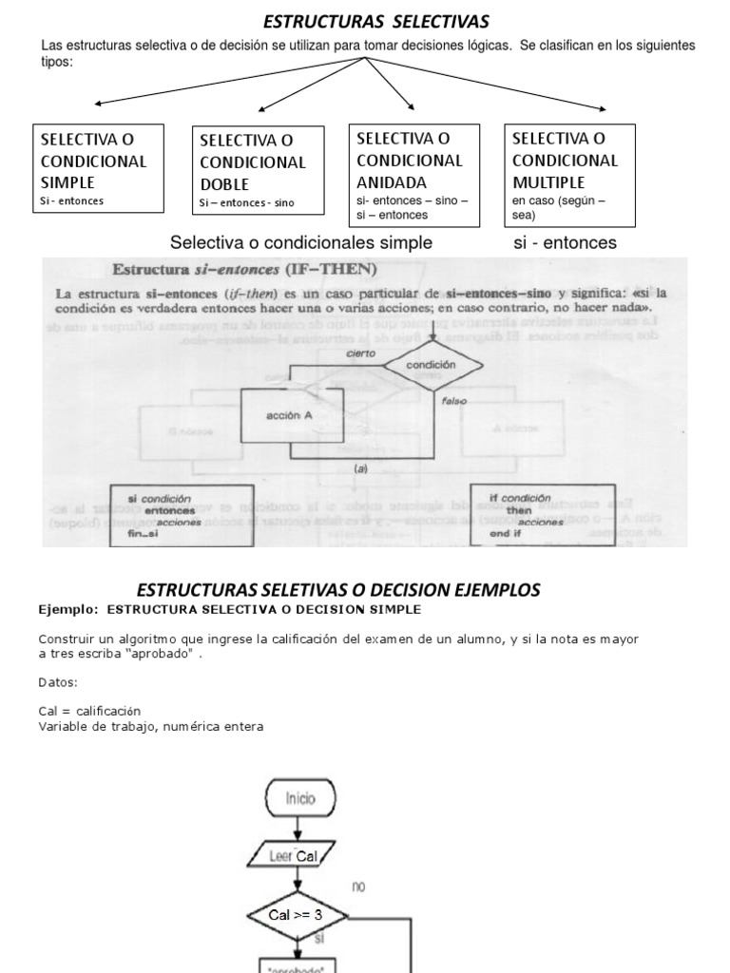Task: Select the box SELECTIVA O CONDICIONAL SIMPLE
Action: click(97, 167)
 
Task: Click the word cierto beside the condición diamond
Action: click(360, 353)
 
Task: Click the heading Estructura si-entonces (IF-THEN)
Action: click(245, 268)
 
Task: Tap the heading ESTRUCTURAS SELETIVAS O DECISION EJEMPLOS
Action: click(338, 589)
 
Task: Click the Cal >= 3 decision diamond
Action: click(297, 915)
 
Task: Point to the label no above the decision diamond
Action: click(358, 887)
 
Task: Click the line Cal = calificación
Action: click(89, 711)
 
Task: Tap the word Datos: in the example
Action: click(58, 682)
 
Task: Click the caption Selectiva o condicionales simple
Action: click(300, 242)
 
